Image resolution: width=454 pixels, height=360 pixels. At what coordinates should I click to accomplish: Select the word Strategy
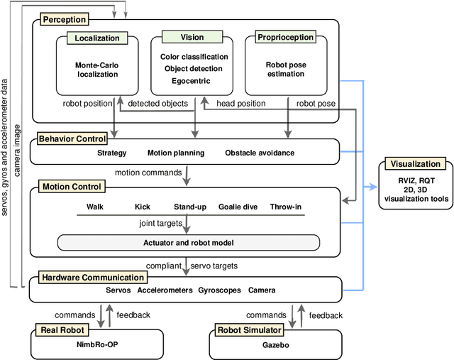[x=112, y=153]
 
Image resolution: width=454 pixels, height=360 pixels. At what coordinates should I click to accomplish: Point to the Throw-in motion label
[x=286, y=207]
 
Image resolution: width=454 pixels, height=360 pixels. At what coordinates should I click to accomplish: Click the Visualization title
[x=415, y=164]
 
